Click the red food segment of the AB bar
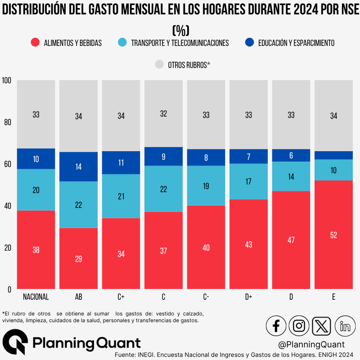pos(78,259)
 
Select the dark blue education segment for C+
pos(121,162)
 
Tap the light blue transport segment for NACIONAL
pos(36,190)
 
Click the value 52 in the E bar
pos(333,235)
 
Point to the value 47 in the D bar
pos(291,240)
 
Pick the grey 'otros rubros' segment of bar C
pos(163,114)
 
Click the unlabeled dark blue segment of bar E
pos(333,155)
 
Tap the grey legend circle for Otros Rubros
pos(159,64)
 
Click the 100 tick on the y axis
pos(6,81)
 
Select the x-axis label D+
pos(248,297)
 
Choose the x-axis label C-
pos(206,297)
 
